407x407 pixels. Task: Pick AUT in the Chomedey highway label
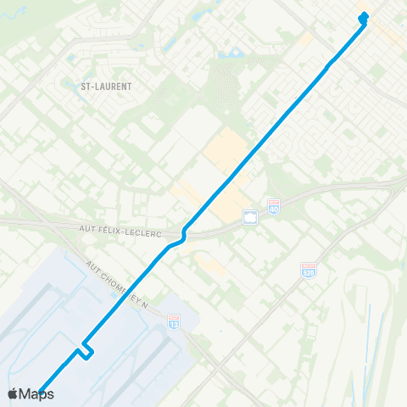click(x=92, y=267)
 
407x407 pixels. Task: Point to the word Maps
click(x=37, y=393)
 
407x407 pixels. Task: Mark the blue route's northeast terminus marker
click(x=364, y=16)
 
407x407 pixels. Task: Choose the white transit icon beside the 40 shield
click(x=249, y=218)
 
